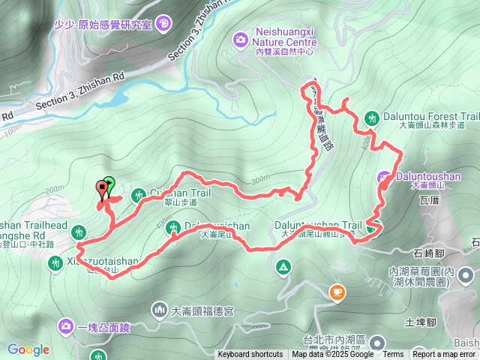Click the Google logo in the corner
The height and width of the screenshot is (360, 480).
click(28, 349)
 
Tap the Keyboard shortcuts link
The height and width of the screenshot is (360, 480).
click(250, 355)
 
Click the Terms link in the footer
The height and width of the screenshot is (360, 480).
click(393, 355)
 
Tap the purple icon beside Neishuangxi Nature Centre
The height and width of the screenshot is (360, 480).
click(240, 38)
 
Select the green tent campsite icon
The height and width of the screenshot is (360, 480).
click(283, 266)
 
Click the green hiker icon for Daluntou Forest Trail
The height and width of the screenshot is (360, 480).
click(371, 118)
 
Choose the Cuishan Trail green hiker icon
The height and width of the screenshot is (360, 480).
click(138, 196)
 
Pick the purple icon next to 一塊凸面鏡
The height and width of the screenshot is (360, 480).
click(64, 326)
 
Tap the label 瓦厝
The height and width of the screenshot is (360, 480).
click(430, 201)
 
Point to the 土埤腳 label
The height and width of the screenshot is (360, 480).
click(420, 322)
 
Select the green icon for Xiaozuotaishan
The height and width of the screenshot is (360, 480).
click(55, 262)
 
